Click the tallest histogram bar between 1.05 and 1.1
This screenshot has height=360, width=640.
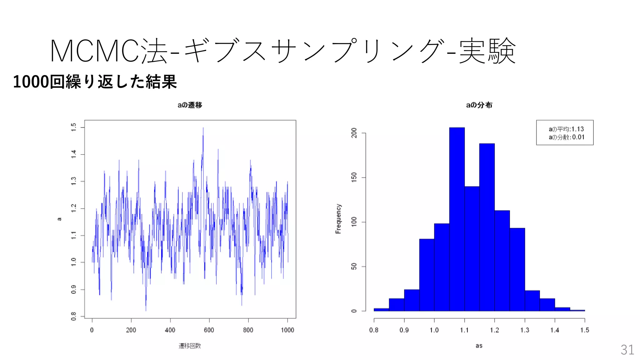tap(457, 219)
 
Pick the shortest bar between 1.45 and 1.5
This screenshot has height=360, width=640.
tap(577, 310)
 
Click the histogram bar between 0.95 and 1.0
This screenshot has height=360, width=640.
tap(427, 275)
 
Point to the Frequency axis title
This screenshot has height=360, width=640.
tap(338, 219)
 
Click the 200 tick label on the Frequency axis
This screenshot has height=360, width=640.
tap(354, 133)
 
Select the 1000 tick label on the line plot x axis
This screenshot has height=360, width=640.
tap(287, 330)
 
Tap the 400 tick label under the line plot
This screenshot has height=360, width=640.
tap(170, 330)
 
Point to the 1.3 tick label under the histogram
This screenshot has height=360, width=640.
tap(525, 330)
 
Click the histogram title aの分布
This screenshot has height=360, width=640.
tap(479, 105)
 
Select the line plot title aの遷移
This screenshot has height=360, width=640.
tap(190, 105)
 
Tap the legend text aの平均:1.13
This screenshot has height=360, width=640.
tap(566, 129)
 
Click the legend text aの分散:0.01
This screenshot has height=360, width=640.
tap(566, 137)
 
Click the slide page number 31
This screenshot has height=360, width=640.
tap(627, 350)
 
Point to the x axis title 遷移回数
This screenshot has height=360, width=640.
tap(190, 346)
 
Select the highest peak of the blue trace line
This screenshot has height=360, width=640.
tap(203, 128)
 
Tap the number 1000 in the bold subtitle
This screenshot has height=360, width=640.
tap(31, 82)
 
